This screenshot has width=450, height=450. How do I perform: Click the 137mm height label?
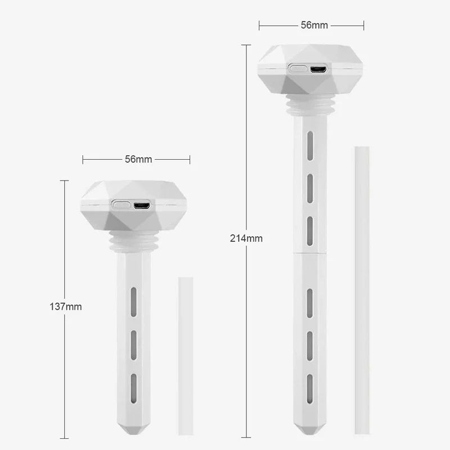click(66, 307)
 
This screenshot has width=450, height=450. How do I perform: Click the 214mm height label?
click(246, 238)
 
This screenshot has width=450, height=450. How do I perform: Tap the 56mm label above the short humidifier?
click(138, 159)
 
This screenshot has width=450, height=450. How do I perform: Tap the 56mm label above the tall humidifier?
click(314, 25)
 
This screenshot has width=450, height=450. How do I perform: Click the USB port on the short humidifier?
click(142, 205)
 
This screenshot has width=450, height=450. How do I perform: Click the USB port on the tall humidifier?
click(318, 69)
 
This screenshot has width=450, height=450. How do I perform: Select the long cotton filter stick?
click(362, 290)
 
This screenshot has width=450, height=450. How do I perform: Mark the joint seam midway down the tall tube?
click(310, 254)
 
